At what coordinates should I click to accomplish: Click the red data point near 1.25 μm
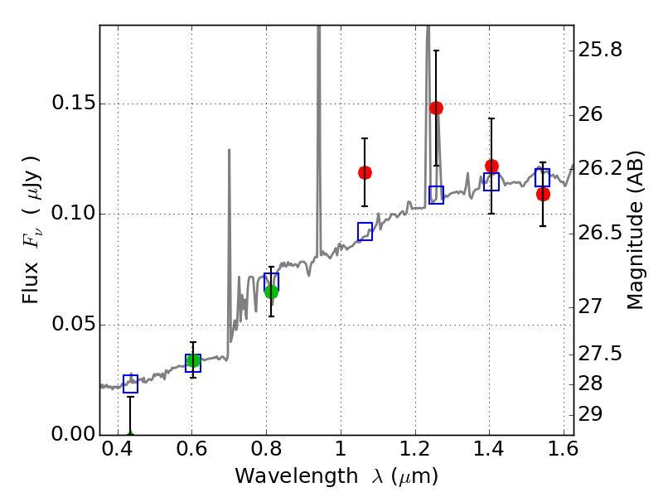437,109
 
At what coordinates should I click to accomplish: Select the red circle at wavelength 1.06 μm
365,172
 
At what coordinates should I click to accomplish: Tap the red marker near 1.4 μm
491,166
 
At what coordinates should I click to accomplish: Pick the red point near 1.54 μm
543,195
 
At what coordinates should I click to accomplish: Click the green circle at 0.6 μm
193,360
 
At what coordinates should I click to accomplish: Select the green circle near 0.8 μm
272,292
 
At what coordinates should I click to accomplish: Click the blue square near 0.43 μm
130,384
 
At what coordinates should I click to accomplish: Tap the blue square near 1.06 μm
365,232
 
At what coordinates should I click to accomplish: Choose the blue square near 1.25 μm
437,195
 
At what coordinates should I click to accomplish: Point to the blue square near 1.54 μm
542,177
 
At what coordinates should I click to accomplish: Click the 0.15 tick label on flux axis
73,103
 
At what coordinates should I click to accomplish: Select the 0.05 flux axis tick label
73,324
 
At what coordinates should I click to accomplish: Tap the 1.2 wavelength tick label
415,449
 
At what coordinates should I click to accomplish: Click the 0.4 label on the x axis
118,449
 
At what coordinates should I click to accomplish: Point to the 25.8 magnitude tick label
600,50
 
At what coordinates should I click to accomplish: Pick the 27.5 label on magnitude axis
600,354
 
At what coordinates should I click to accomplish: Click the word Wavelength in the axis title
297,476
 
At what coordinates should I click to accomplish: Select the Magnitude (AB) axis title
634,230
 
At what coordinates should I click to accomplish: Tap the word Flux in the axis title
31,282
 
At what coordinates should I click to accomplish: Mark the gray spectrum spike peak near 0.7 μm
230,150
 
